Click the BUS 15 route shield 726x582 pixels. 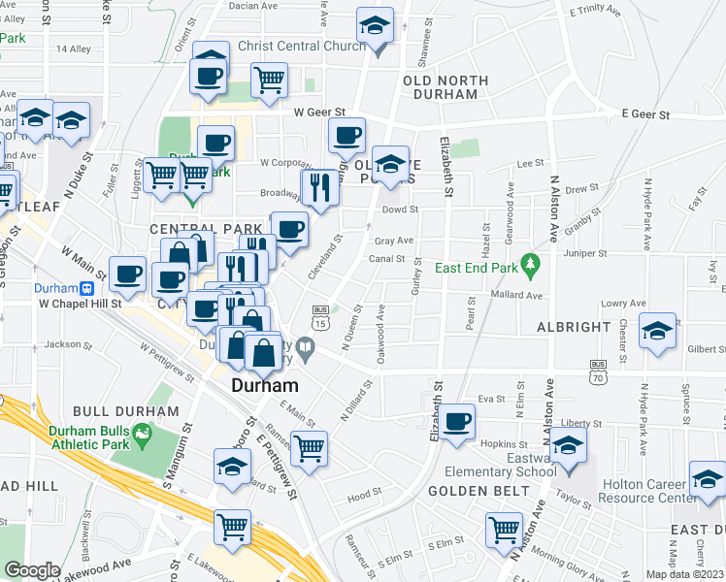click(x=319, y=316)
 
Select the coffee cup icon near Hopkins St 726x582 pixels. click(x=456, y=422)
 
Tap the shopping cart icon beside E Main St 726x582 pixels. click(x=309, y=449)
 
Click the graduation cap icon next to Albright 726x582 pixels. click(x=658, y=332)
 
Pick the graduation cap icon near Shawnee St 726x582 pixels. click(x=374, y=26)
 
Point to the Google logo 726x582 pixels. click(x=32, y=569)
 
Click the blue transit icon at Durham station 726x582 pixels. click(x=85, y=288)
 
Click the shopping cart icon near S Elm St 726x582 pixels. click(x=505, y=531)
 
